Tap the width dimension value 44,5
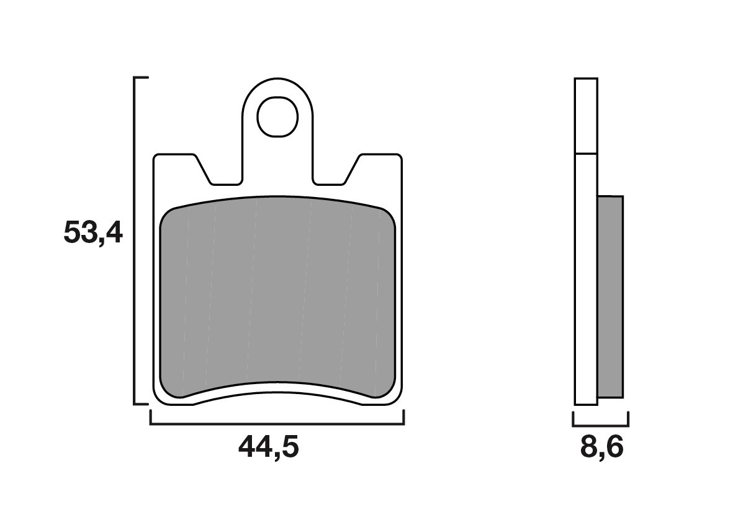pos(269,447)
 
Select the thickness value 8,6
pos(601,447)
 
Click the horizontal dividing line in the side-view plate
pos(586,153)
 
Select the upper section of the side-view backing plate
pos(586,116)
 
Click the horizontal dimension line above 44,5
pos(277,425)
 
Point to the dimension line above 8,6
pos(601,426)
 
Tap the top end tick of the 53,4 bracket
pos(142,78)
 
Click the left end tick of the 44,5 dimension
pos(151,418)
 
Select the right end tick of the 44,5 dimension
pos(403,418)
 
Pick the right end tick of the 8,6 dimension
pos(628,419)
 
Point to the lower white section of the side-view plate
pos(586,280)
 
